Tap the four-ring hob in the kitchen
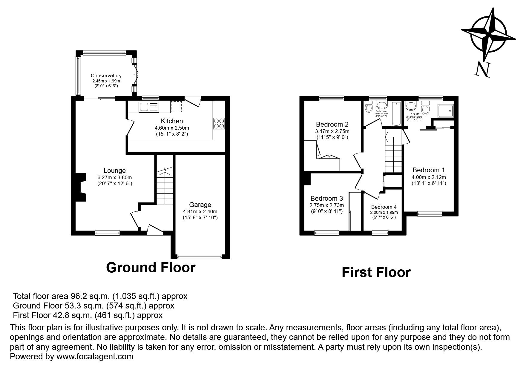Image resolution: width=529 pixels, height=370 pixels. point(219,123)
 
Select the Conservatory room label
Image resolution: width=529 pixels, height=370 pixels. point(106,76)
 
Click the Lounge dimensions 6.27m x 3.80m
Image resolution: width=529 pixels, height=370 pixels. point(114,177)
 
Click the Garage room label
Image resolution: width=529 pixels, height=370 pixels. point(200,205)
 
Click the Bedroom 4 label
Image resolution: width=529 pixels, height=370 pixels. point(384,207)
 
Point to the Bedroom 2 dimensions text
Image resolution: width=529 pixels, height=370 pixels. point(332,131)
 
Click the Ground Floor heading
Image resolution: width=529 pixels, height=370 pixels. point(151,268)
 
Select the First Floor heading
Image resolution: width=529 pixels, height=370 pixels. point(376,273)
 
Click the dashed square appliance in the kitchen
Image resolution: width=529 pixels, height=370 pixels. point(176,107)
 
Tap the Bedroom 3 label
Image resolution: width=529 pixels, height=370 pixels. point(326,199)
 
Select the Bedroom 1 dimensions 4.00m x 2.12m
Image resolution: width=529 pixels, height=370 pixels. point(428,177)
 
